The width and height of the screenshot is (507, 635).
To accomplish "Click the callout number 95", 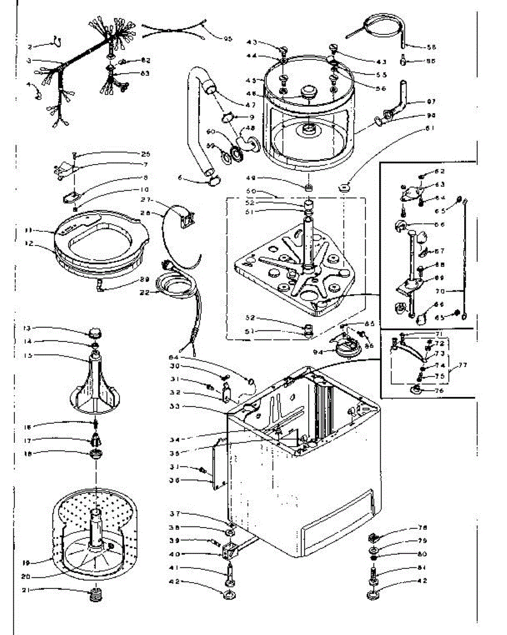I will [228, 39].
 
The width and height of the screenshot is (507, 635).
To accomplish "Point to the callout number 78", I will [422, 528].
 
